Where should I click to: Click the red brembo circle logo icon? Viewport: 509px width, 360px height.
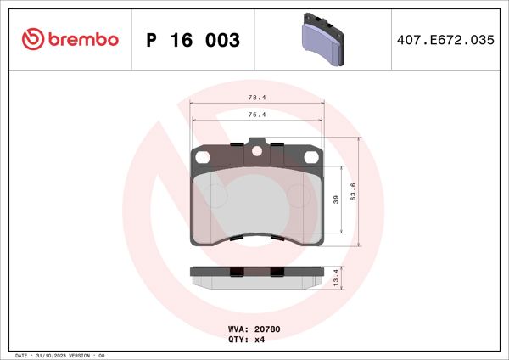(x=31, y=38)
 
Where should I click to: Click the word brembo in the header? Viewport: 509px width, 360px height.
(x=82, y=39)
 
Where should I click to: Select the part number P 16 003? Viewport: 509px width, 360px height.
(x=193, y=40)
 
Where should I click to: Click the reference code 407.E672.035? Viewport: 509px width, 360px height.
(x=445, y=40)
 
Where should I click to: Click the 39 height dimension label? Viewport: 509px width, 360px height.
(x=336, y=199)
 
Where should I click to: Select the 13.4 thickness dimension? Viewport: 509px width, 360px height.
(x=337, y=277)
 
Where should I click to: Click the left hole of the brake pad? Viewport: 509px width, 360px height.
(x=202, y=156)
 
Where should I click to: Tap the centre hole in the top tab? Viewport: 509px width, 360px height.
(x=256, y=153)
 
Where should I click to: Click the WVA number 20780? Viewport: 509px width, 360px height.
(x=268, y=328)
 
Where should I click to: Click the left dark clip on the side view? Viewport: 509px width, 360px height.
(x=237, y=272)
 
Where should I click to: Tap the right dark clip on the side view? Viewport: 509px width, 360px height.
(x=277, y=272)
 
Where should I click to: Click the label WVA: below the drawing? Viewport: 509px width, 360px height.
(x=238, y=328)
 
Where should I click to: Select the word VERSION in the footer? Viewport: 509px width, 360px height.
(x=87, y=355)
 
